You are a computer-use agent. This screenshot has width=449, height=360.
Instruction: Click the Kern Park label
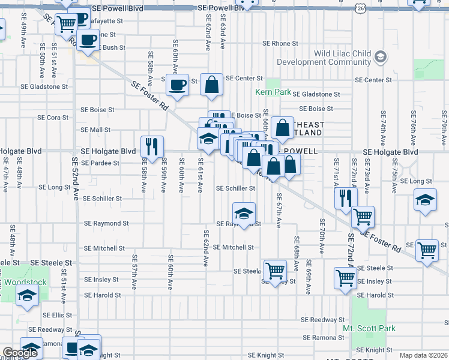pyautogui.click(x=273, y=92)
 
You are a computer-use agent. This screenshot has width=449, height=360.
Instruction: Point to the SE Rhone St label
pyautogui.click(x=280, y=44)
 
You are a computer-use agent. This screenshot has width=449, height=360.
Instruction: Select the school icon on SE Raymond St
pyautogui.click(x=244, y=213)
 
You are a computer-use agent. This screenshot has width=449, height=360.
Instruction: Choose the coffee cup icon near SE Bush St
pyautogui.click(x=88, y=40)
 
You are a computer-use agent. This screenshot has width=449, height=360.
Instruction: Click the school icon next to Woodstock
pyautogui.click(x=27, y=295)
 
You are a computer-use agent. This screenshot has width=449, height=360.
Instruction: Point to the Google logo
pyautogui.click(x=20, y=353)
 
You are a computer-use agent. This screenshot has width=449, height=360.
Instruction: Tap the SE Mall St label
pyautogui.click(x=96, y=130)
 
